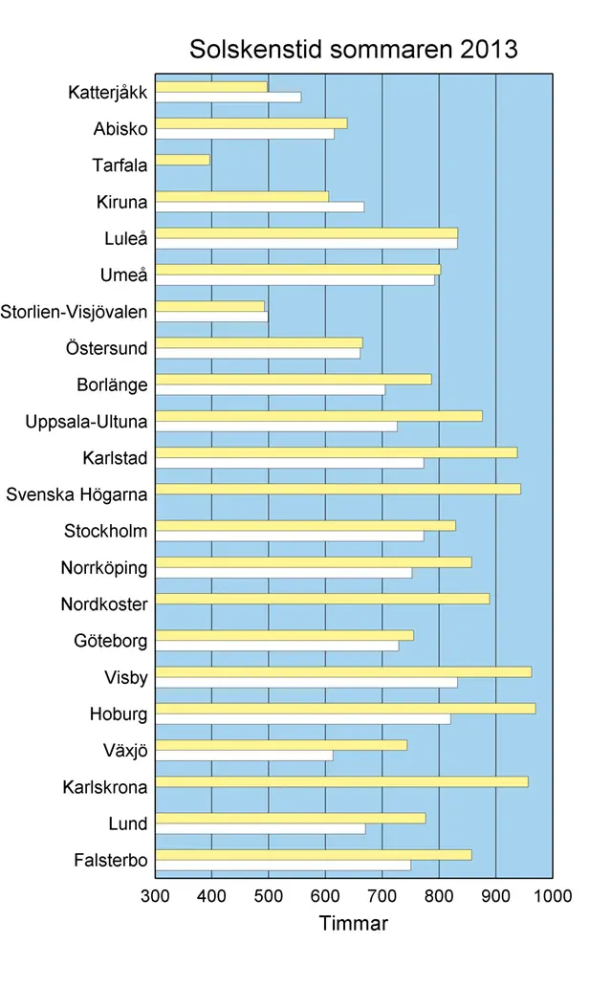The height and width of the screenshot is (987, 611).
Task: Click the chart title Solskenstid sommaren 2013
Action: point(353,49)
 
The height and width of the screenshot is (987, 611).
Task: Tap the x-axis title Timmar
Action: point(353,924)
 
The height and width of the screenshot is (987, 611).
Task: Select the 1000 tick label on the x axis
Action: point(553,895)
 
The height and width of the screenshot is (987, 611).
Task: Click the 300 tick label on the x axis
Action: point(155,895)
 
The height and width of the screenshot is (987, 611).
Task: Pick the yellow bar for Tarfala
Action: point(182,160)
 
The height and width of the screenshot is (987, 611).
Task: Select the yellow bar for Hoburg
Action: point(345,708)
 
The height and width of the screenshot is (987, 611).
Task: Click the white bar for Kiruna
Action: point(259,207)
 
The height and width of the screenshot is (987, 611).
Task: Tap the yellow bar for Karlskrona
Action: point(341,781)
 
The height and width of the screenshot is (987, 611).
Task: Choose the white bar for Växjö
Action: point(244,756)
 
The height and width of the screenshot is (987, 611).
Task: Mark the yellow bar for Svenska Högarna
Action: point(338,489)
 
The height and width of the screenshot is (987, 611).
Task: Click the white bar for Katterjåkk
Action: point(228,97)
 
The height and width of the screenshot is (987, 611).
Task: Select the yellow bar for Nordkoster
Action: point(322,599)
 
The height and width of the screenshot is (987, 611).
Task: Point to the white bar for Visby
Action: point(306,682)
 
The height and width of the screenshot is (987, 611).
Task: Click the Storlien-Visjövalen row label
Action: point(75,312)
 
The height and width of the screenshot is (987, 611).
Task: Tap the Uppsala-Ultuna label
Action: point(86,422)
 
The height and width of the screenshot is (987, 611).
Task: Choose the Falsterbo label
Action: point(110,861)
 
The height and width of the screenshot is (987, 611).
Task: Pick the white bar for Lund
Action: point(260,828)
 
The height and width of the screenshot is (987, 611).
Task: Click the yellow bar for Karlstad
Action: point(336,452)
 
